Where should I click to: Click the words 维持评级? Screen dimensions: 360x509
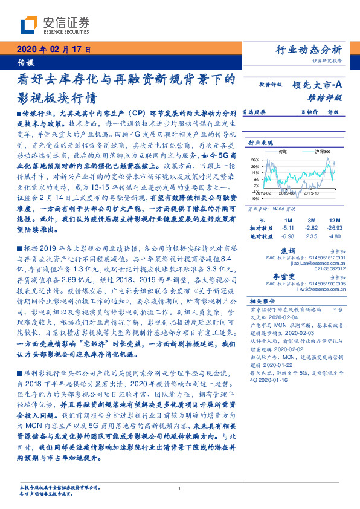point(329,97)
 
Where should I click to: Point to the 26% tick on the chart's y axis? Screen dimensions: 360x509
point(254,160)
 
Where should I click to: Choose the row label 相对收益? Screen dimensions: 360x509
point(262,229)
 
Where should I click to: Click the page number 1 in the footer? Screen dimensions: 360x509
point(180,490)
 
